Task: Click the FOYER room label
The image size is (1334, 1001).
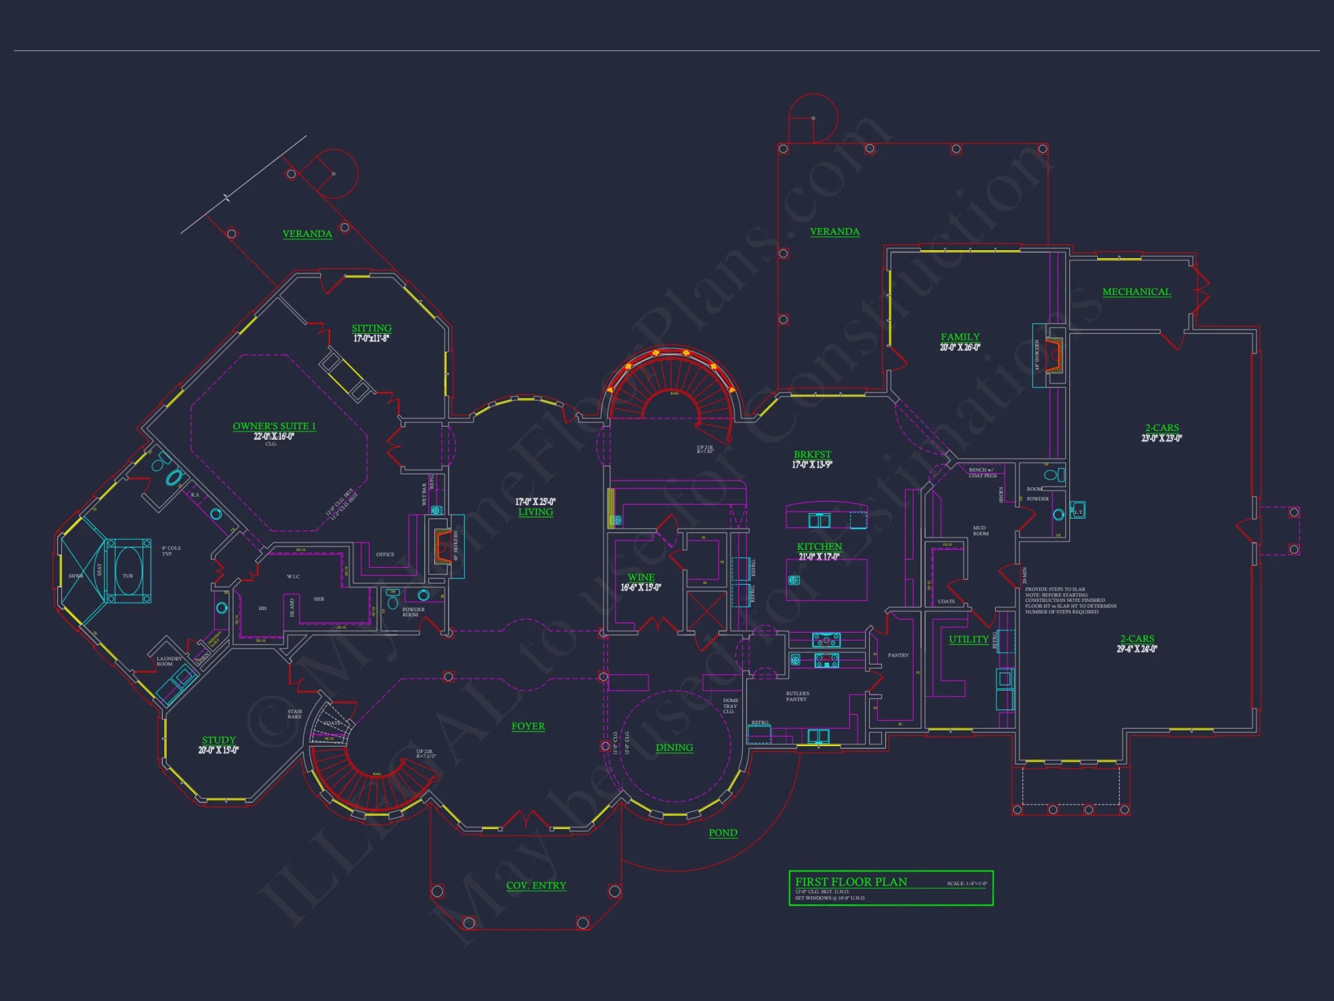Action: tap(528, 726)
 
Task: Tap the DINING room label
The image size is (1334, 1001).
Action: tap(674, 747)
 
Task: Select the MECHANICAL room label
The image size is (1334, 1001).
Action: tap(1136, 292)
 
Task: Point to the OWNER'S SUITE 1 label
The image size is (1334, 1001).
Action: tap(274, 426)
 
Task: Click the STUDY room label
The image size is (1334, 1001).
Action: tap(219, 740)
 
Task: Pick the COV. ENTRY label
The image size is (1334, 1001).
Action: tap(536, 886)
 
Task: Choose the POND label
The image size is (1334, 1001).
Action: tap(722, 833)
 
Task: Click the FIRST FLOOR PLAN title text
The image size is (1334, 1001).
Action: tap(850, 882)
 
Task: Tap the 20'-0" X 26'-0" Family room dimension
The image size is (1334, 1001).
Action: tap(960, 347)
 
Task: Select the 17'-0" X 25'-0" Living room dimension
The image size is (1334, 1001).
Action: tap(535, 502)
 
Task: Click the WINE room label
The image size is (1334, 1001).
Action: tap(641, 577)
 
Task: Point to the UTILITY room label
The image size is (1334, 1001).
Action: tap(968, 639)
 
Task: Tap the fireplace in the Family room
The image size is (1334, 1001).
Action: tap(1053, 356)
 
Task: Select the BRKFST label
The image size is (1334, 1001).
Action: tap(812, 454)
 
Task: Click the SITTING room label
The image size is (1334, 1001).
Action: tap(372, 328)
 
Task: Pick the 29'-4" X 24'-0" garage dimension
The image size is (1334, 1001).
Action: tap(1137, 649)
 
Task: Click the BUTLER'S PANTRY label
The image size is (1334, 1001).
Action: tap(797, 696)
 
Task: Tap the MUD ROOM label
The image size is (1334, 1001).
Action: tap(980, 531)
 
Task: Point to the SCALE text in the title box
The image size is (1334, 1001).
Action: tap(966, 884)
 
